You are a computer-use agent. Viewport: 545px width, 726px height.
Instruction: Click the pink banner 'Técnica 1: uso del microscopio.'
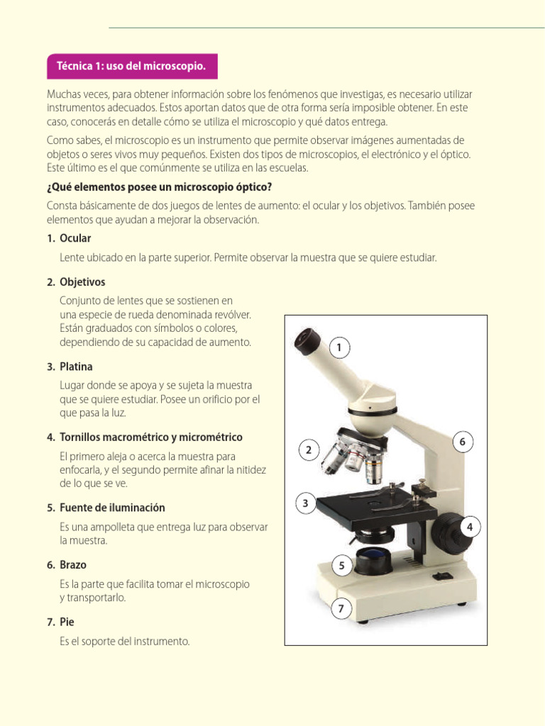[132, 66]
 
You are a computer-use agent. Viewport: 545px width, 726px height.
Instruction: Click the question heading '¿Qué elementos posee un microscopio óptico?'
[159, 187]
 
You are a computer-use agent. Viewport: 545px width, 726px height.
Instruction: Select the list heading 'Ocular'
[75, 238]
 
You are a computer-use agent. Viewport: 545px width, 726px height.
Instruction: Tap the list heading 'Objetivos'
[82, 282]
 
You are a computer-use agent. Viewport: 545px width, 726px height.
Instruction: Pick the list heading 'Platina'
[77, 367]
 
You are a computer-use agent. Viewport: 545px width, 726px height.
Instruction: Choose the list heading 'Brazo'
[73, 565]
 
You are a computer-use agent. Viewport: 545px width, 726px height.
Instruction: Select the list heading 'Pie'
[67, 622]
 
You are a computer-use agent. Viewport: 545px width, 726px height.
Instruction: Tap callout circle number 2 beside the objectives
[309, 450]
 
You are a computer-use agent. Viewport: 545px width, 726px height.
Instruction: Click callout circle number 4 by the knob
[470, 527]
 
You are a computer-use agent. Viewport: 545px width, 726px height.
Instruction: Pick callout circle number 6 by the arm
[462, 442]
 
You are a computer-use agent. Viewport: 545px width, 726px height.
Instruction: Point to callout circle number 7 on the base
[341, 608]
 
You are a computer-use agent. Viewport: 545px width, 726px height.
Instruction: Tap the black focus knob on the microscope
[446, 529]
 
